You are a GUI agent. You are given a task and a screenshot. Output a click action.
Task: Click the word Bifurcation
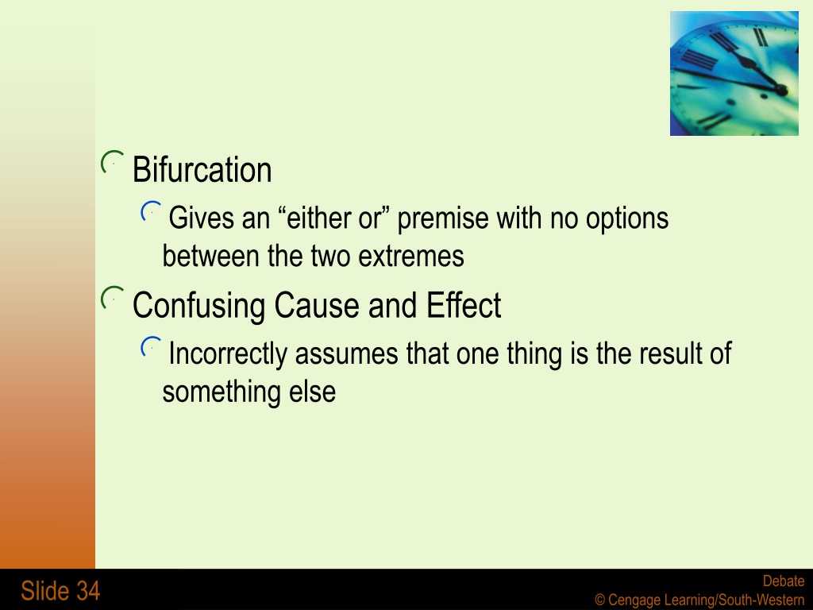[x=202, y=170]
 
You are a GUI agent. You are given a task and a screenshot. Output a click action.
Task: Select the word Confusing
[x=199, y=306]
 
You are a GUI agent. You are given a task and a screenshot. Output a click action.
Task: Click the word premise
[x=442, y=219]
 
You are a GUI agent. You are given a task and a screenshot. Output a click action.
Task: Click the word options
[x=627, y=219]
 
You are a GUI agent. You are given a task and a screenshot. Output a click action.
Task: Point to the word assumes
[x=346, y=354]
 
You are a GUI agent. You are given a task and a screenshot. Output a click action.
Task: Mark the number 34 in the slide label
[x=88, y=591]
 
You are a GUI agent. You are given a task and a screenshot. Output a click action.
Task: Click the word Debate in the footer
[x=784, y=581]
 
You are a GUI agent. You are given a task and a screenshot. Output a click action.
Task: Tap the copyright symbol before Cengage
[x=600, y=600]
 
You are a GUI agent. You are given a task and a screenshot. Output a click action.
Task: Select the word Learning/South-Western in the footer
[x=734, y=600]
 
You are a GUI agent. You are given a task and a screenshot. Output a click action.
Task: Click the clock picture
[x=734, y=74]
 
